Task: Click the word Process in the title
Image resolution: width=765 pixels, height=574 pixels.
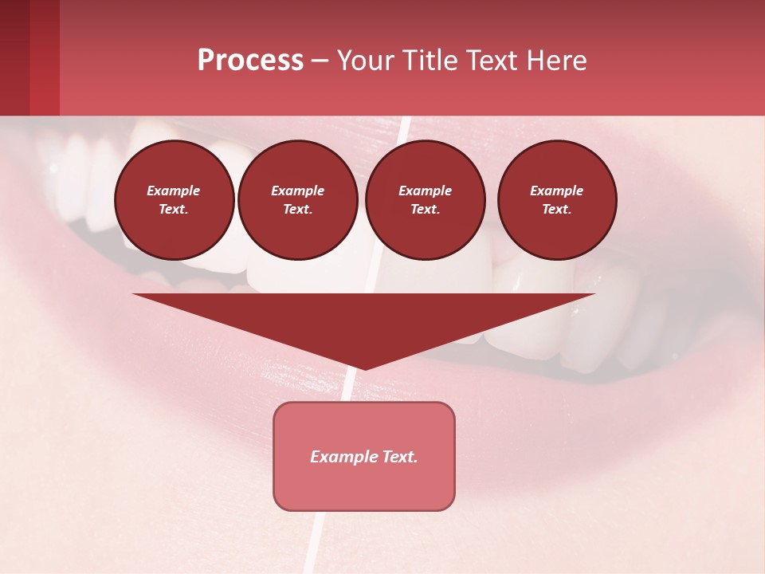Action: coord(250,61)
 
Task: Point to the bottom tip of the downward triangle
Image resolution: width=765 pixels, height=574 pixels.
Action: coord(365,368)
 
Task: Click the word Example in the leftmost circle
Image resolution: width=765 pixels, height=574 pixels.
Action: coord(174,191)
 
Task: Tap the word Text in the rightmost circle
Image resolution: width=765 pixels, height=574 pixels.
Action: coord(557,209)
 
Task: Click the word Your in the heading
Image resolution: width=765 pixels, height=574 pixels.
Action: coord(363,61)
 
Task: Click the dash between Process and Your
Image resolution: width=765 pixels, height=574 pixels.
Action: coord(320,61)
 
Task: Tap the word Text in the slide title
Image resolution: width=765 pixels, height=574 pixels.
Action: coord(490,61)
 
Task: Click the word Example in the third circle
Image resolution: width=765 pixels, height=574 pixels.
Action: coord(425,191)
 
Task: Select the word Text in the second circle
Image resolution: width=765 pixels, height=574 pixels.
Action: coord(297,209)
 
